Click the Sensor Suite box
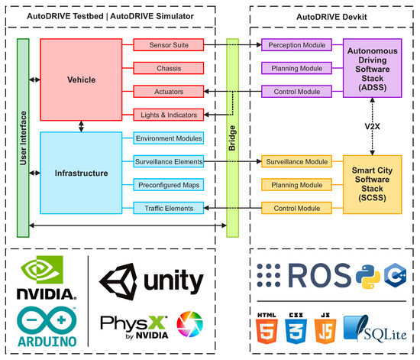pos(168,45)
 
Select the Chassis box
pos(168,68)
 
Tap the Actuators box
pos(168,92)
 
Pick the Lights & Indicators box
pos(168,115)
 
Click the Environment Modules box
pos(168,138)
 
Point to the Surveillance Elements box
pos(168,161)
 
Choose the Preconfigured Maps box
pos(168,184)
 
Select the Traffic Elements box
pos(168,208)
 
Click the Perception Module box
pos(296,45)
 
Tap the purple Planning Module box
pos(296,68)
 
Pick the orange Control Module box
pos(296,208)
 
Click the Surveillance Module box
pos(296,161)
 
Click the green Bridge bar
pos(232,127)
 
